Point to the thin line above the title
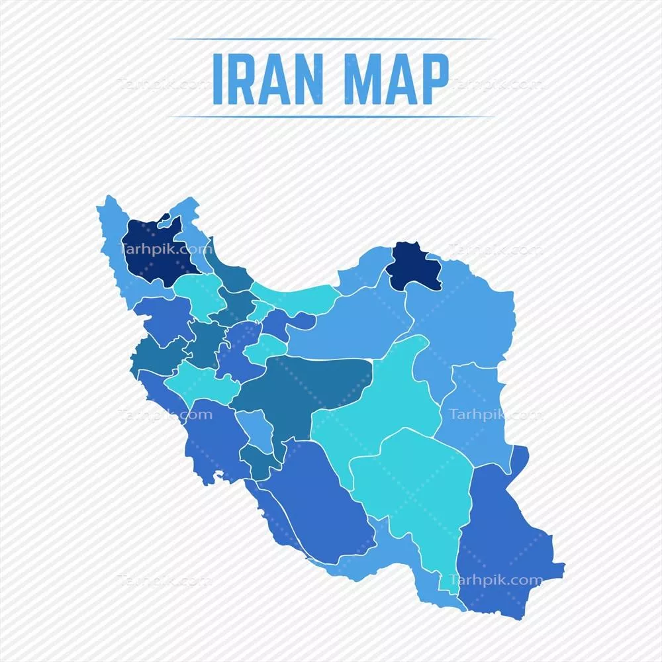coord(331,39)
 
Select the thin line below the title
coord(331,117)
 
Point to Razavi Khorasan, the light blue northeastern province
coord(463,318)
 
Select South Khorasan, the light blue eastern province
coord(473,410)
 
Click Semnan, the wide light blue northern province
coord(351,324)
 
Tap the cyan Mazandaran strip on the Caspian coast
coord(298,298)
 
